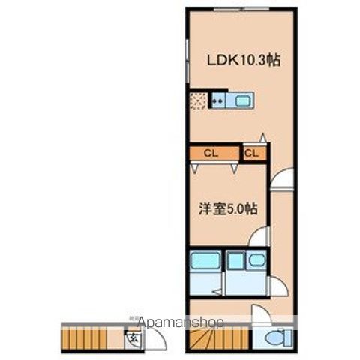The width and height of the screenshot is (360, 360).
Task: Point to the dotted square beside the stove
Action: pyautogui.click(x=199, y=100)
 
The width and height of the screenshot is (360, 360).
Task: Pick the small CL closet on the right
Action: pyautogui.click(x=252, y=154)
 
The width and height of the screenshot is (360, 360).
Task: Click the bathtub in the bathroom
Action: pyautogui.click(x=204, y=263)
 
